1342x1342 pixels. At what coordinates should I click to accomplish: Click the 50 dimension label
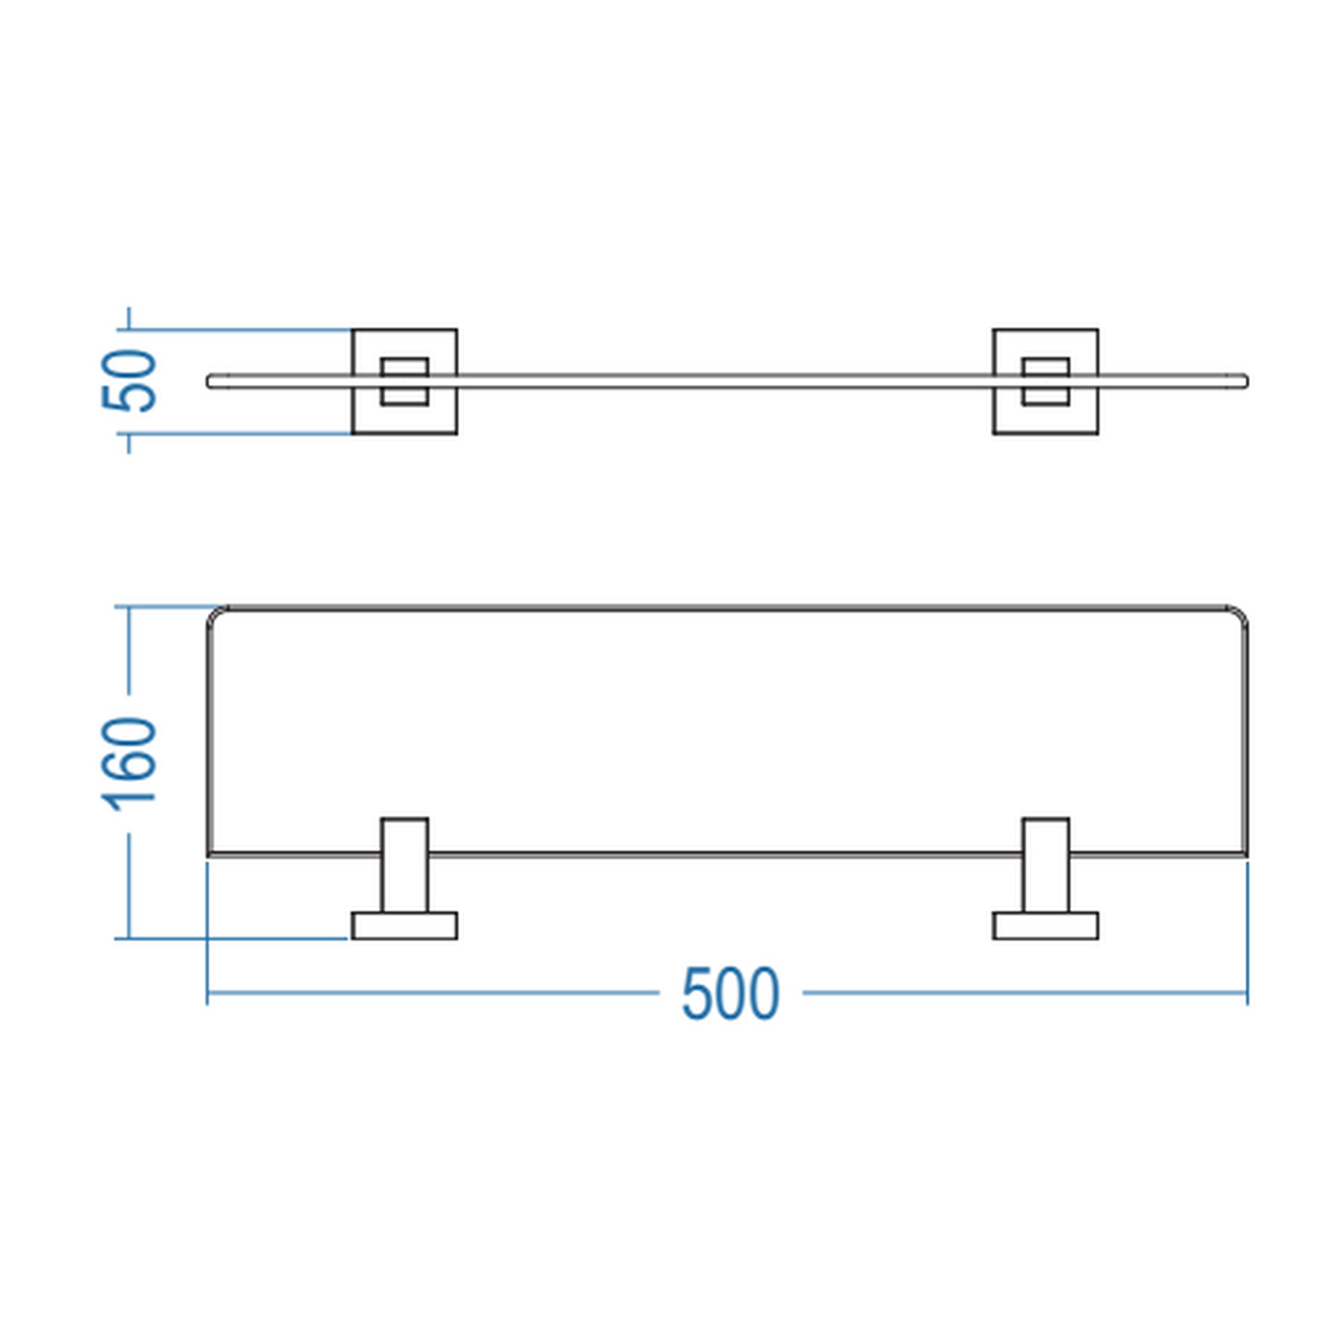(130, 380)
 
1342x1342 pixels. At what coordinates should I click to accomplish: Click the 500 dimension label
(731, 994)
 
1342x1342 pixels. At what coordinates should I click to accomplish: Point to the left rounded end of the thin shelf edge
(209, 381)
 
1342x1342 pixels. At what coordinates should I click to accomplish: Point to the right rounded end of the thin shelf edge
(1246, 381)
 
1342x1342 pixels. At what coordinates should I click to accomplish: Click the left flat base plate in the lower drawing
(404, 926)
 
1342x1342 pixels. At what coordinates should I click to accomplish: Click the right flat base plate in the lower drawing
(1045, 926)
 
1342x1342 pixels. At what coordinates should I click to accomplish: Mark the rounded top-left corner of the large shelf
(213, 612)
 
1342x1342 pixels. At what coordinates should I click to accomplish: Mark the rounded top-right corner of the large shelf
(1242, 612)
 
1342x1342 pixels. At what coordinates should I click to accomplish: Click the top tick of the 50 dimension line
(130, 329)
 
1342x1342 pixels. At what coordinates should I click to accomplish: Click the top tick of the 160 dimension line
(130, 607)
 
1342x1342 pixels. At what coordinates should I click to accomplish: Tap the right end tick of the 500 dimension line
(1247, 993)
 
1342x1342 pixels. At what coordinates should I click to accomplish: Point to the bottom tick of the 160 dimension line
(130, 939)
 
